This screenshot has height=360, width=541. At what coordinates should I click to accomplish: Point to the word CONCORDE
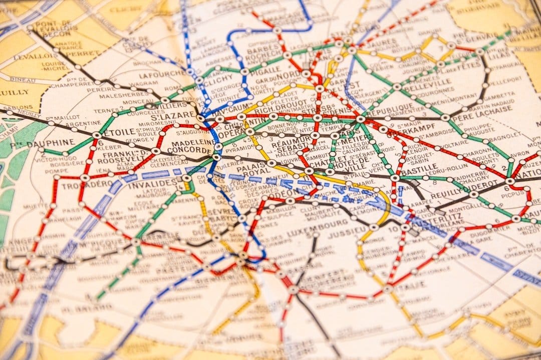[x=191, y=150]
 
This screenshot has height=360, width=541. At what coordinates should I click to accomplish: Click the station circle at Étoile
[x=97, y=135]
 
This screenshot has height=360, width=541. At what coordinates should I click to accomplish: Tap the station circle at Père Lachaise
[x=445, y=117]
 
